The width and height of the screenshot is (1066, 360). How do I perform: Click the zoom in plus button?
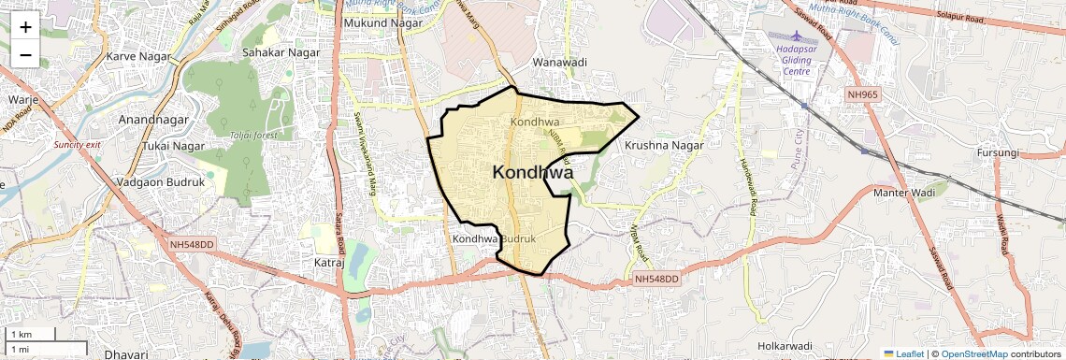[x=25, y=26]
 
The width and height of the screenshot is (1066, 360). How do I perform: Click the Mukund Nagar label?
[x=379, y=22]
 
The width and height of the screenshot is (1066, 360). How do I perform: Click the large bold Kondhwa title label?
[x=533, y=172]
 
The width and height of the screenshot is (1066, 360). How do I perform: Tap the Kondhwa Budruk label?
[x=494, y=239]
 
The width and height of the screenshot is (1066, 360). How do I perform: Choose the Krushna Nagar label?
[x=663, y=146]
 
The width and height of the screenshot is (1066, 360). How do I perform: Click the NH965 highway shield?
[x=865, y=94]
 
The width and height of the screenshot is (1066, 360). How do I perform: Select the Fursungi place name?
[x=998, y=152]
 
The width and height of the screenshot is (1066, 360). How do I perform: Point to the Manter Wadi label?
[x=904, y=193]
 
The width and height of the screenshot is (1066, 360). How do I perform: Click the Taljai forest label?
[x=255, y=136]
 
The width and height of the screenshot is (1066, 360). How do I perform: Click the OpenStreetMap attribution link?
[x=973, y=354]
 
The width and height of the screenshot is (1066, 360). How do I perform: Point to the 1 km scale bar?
[x=32, y=334]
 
